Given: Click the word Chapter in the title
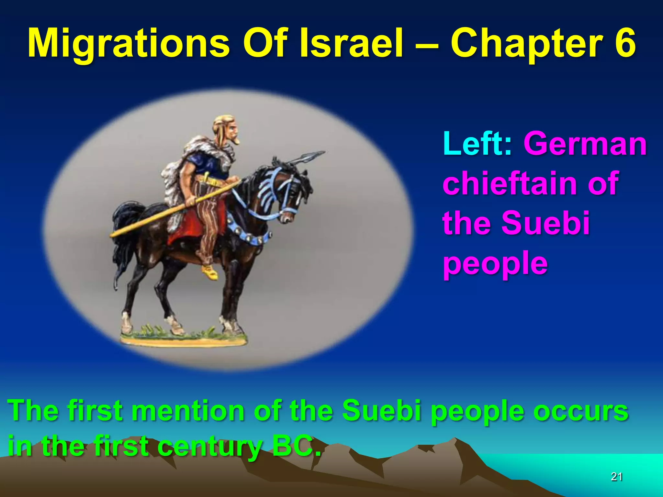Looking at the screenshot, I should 528,44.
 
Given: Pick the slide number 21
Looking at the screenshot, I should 616,476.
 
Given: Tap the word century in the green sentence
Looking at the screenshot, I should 210,447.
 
